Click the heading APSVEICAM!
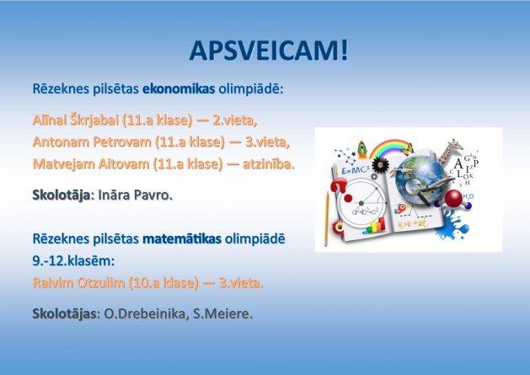(x=269, y=51)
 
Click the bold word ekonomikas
(x=179, y=89)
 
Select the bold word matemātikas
(x=182, y=238)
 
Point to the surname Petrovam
(x=122, y=142)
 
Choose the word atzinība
(x=269, y=164)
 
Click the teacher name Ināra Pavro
(x=135, y=196)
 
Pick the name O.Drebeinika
(x=146, y=313)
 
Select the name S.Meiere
(x=222, y=313)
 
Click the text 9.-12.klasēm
(x=73, y=260)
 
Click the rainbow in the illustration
(x=389, y=148)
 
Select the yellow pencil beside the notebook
(x=327, y=218)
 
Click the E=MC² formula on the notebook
(x=355, y=170)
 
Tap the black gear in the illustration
(x=380, y=165)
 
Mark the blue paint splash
(x=452, y=224)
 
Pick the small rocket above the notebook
(x=362, y=150)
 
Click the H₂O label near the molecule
(x=468, y=196)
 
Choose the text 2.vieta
(x=234, y=121)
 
